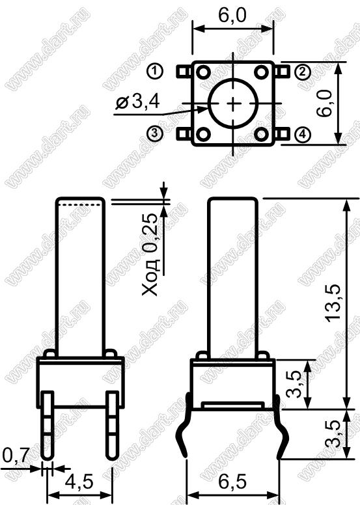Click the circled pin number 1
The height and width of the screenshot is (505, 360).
155,71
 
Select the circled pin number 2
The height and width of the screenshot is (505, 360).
303,72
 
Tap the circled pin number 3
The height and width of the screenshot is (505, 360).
155,133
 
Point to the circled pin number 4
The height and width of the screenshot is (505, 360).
303,134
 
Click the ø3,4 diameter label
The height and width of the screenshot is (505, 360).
137,102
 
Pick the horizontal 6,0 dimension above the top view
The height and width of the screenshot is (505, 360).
232,15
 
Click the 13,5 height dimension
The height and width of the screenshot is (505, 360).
333,303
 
